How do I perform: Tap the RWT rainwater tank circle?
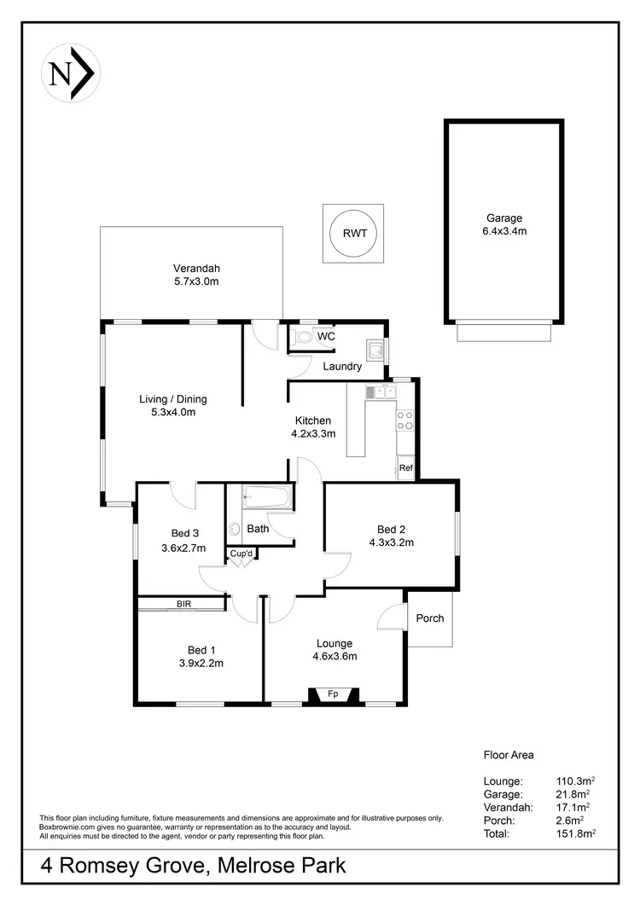pos(352,233)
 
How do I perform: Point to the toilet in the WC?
pos(302,337)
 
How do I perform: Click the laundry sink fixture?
pos(374,349)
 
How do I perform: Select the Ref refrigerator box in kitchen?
pos(405,468)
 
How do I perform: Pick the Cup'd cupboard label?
pos(241,554)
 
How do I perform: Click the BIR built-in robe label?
pos(183,604)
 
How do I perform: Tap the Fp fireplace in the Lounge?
pos(333,694)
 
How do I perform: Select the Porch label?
pos(430,618)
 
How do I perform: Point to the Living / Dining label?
pos(173,398)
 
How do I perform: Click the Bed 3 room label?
pos(183,534)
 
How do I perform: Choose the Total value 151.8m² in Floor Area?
pos(574,833)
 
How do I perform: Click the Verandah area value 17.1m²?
pos(574,807)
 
